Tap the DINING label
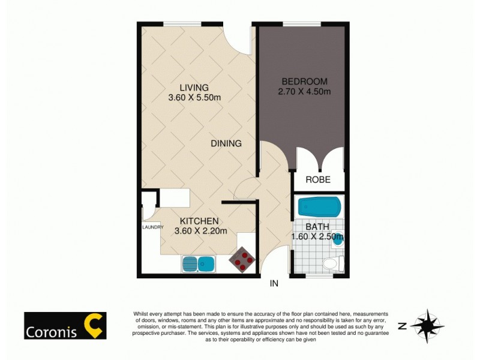(226, 144)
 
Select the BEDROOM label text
(304, 82)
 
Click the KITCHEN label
(196, 221)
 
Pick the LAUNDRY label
(152, 227)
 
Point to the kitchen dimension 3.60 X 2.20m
(200, 231)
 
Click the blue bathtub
(319, 208)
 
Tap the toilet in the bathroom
(331, 263)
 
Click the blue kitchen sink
(199, 263)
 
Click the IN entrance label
(275, 283)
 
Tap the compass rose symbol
(427, 326)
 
